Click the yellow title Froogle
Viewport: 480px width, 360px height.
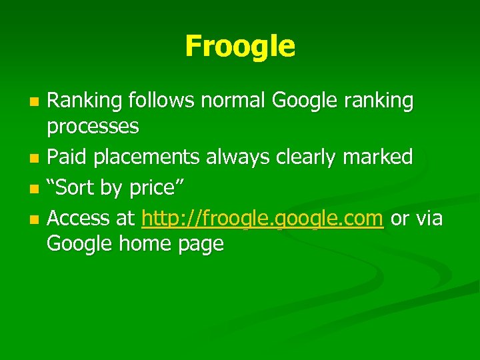click(239, 46)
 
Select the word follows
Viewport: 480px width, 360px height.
click(161, 101)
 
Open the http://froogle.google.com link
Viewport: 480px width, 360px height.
click(263, 219)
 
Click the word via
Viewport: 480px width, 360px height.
click(429, 218)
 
